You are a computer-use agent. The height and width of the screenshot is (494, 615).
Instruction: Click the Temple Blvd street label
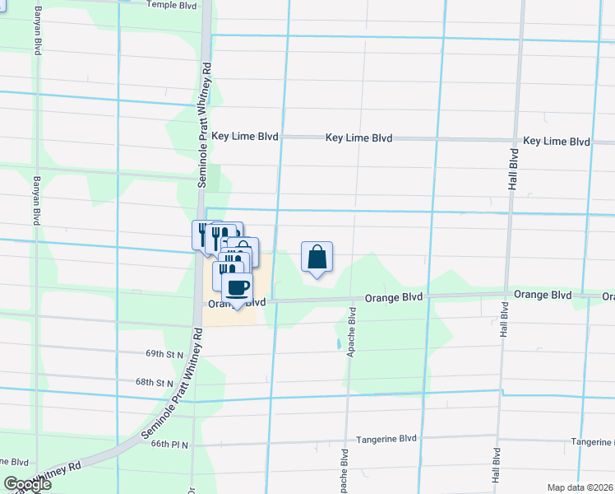click(x=172, y=5)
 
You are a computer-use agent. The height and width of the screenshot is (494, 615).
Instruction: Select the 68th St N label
click(x=155, y=383)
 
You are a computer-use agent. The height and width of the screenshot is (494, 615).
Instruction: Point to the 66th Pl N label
click(x=169, y=445)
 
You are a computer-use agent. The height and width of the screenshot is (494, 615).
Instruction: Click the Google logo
click(x=27, y=484)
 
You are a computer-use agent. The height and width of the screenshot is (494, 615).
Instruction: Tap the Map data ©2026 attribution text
click(x=580, y=487)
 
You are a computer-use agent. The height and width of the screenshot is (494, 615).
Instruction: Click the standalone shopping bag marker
click(x=317, y=258)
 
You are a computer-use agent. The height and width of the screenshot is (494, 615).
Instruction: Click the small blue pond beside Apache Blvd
click(x=336, y=343)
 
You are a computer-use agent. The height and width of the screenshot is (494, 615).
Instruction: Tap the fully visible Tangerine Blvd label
click(x=386, y=440)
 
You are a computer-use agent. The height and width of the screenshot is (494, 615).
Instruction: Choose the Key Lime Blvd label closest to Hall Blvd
click(x=557, y=142)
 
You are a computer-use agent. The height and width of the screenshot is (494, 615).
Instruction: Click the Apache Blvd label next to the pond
click(x=351, y=330)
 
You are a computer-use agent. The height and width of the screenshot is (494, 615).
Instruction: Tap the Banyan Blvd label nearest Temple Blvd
click(x=37, y=30)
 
